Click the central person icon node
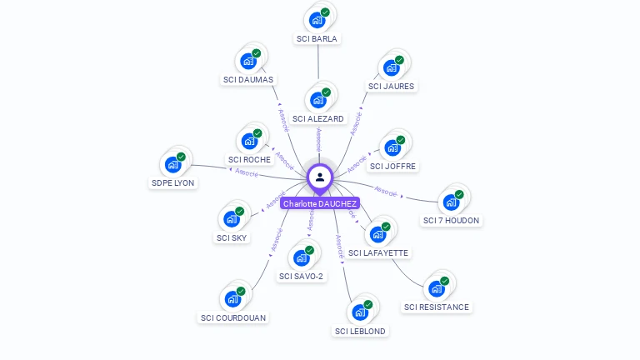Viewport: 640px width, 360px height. point(320,177)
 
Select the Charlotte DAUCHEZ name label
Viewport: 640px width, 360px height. point(320,203)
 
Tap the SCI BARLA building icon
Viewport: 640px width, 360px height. point(317,20)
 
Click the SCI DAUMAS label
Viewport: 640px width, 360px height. point(248,80)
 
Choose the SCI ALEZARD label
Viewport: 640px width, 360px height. point(317,119)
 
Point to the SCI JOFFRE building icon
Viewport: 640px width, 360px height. point(392,149)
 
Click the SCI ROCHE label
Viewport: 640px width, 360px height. point(249,159)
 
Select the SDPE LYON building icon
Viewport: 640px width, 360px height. point(173,164)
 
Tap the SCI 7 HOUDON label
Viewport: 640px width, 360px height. point(452,221)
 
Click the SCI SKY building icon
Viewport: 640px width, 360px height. point(231,220)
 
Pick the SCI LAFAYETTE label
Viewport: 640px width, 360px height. point(379,252)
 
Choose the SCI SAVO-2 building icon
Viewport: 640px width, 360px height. point(301,258)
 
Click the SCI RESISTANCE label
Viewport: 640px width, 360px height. point(437,307)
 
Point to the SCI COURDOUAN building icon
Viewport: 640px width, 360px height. point(232,299)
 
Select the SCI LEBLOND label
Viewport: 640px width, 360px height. point(360,331)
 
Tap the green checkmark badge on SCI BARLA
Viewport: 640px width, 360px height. point(325,12)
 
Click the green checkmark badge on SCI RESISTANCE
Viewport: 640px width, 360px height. point(444,282)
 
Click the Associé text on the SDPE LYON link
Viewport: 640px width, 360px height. point(247,172)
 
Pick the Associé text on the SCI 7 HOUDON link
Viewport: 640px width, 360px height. point(386,191)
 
